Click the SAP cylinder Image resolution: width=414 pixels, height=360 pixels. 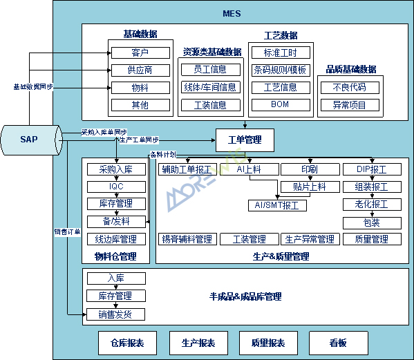29,140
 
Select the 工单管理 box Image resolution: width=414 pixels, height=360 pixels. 245,140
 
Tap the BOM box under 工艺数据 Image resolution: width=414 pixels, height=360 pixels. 280,105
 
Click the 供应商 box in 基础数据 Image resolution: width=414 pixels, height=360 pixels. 140,70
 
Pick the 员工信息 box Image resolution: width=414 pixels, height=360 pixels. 210,70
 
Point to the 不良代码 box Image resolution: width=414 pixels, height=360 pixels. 350,88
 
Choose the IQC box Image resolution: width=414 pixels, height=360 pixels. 116,187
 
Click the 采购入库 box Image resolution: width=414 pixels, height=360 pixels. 116,169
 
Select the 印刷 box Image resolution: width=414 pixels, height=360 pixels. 310,169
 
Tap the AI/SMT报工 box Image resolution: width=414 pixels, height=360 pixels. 277,205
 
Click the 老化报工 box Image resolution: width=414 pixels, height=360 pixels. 372,205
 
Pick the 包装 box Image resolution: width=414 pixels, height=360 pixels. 372,222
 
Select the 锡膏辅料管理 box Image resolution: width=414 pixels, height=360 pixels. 187,240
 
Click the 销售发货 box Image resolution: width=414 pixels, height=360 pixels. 116,314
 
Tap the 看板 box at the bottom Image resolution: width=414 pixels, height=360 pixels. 338,343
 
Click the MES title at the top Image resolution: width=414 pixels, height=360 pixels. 232,14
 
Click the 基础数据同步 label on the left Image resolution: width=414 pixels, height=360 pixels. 33,88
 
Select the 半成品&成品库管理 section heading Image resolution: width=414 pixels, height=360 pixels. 245,296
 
